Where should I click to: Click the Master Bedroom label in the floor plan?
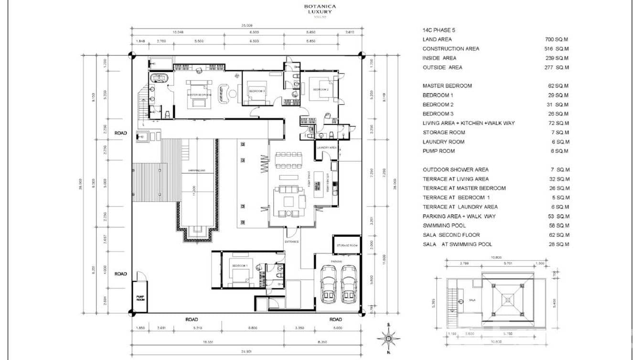click(199, 95)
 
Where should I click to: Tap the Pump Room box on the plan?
click(139, 297)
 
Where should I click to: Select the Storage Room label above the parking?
click(347, 245)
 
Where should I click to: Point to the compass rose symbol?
click(389, 338)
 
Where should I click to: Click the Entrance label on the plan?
click(291, 242)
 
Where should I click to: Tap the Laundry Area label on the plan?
click(327, 148)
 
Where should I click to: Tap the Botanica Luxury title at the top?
click(320, 9)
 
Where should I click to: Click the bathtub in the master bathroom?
click(158, 78)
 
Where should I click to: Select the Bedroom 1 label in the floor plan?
click(240, 265)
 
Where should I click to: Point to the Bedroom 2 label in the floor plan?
click(320, 89)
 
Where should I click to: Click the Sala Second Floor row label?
click(451, 235)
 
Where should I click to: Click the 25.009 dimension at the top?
click(246, 25)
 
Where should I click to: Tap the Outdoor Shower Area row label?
click(455, 169)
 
